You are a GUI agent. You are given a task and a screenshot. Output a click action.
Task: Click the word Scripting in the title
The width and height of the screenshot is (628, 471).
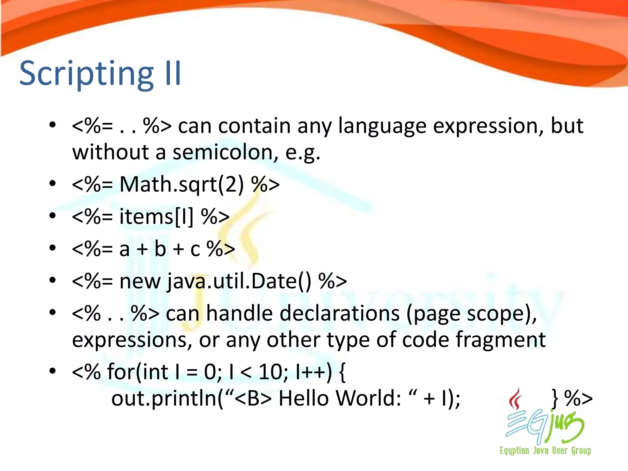[86, 74]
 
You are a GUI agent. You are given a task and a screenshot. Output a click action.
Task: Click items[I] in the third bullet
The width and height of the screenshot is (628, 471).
[156, 217]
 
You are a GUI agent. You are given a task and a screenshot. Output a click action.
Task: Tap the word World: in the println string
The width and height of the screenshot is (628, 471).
[368, 399]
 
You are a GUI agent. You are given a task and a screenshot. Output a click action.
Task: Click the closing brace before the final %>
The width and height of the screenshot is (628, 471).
[555, 399]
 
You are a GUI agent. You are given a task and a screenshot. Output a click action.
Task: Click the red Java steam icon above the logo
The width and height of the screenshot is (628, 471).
[516, 399]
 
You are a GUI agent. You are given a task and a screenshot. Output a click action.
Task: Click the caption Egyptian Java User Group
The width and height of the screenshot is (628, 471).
[545, 450]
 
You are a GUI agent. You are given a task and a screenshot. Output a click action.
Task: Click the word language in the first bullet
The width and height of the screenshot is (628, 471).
[382, 126]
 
